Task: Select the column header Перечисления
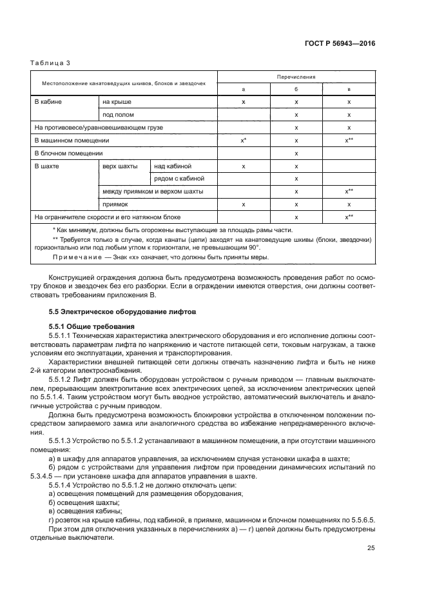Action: (296, 77)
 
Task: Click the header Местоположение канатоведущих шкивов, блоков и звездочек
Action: (124, 84)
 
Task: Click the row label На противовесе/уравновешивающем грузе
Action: (99, 128)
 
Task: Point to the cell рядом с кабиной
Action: (179, 178)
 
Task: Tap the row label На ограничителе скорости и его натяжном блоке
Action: (108, 217)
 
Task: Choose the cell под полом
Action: (118, 115)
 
